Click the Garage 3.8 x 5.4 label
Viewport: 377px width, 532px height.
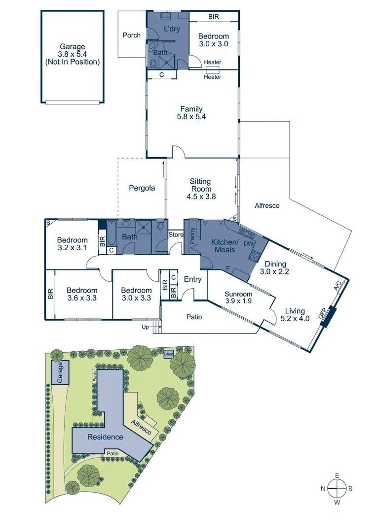(73, 54)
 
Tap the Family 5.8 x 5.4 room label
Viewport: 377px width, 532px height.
(191, 113)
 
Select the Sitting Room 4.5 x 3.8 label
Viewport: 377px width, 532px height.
(200, 189)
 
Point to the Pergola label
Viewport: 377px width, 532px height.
(142, 188)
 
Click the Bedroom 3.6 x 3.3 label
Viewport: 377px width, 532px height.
(82, 294)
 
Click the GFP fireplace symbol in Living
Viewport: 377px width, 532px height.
(328, 316)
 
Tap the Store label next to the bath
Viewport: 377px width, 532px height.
(176, 235)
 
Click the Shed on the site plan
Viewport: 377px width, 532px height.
(169, 354)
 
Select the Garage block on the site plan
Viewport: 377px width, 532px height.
(60, 373)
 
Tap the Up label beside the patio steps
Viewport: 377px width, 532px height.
(145, 327)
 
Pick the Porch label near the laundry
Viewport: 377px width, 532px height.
(131, 35)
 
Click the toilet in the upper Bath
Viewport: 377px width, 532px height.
(153, 63)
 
